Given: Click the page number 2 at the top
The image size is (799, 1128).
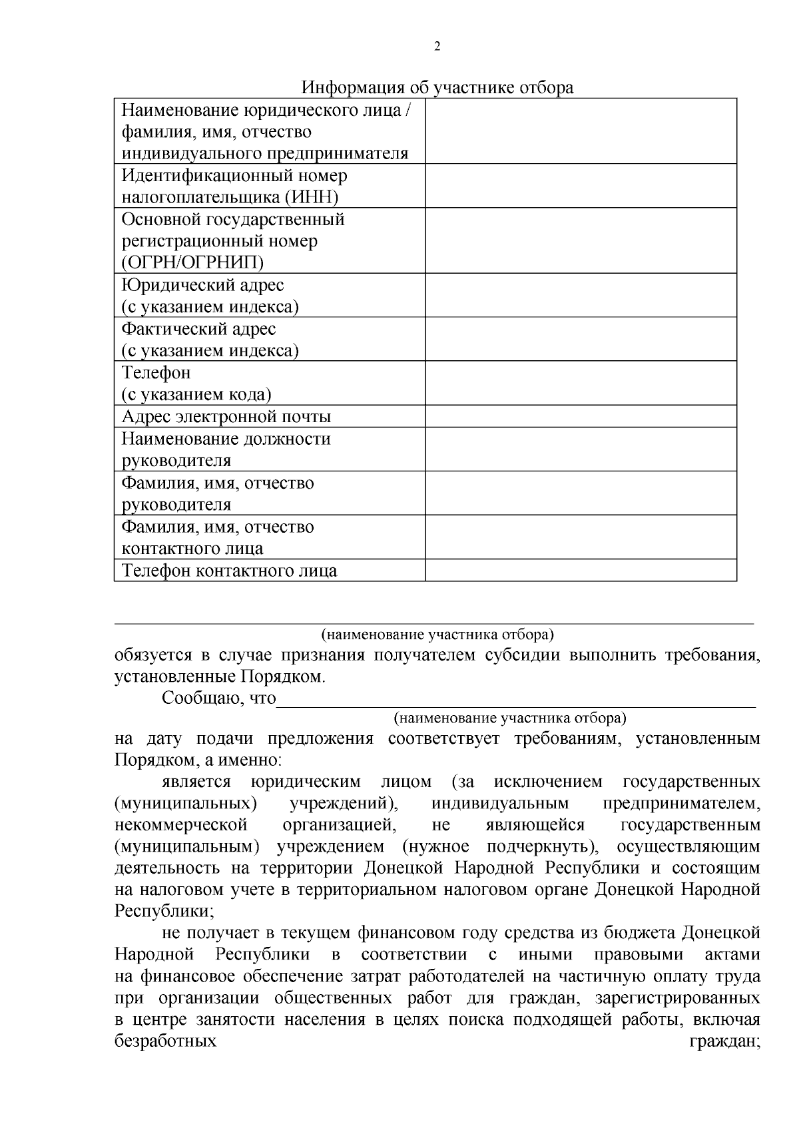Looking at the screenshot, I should click(x=437, y=47).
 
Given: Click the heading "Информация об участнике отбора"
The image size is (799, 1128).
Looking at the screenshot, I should click(x=437, y=88).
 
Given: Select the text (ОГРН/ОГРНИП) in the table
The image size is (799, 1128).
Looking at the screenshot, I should click(x=192, y=262).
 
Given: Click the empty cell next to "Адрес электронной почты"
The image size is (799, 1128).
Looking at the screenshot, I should click(x=581, y=417).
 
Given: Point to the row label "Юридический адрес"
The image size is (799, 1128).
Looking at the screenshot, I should click(x=202, y=285).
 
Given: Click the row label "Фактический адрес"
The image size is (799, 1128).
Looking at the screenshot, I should click(x=198, y=329).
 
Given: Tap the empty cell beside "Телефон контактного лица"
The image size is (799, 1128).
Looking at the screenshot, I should click(x=581, y=571).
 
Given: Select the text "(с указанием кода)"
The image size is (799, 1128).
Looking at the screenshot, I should click(x=196, y=394).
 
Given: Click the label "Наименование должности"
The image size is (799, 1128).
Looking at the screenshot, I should click(x=226, y=439).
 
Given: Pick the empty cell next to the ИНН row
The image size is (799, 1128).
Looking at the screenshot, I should click(x=581, y=186).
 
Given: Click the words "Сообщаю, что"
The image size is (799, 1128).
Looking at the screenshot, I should click(x=218, y=699).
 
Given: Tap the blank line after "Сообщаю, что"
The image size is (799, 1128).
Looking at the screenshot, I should click(x=516, y=701).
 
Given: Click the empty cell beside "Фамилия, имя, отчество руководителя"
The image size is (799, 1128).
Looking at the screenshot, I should click(x=581, y=493).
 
